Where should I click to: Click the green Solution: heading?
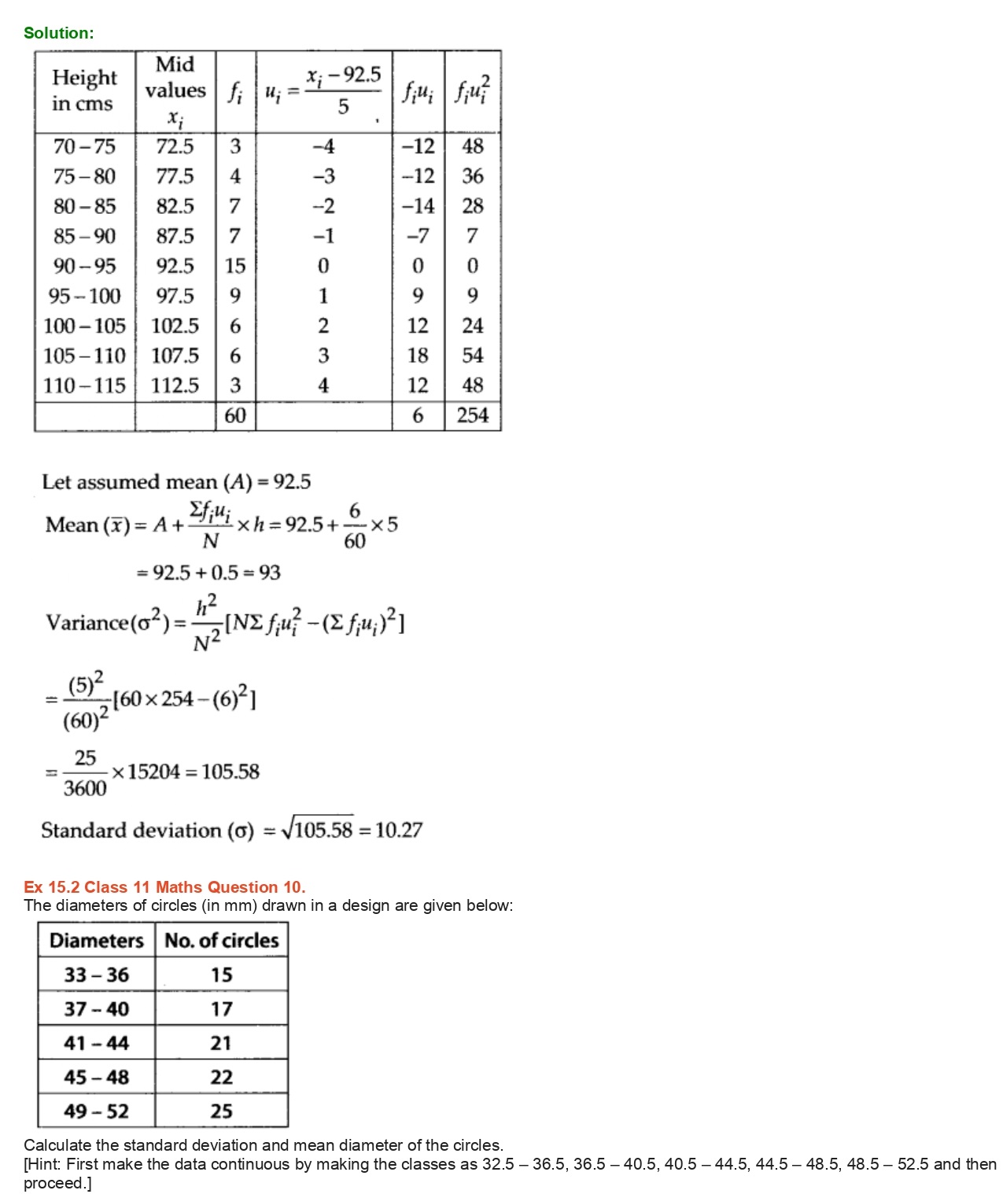[58, 33]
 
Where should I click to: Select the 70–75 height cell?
[84, 147]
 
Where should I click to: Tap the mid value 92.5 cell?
[175, 267]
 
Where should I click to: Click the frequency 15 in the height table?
[235, 267]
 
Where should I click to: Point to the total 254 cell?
[472, 415]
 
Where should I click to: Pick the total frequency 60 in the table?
[235, 415]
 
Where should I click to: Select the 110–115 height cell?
[84, 385]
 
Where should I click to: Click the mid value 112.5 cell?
[175, 385]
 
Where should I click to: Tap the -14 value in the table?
[418, 207]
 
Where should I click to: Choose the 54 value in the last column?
[472, 356]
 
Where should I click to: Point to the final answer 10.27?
[399, 831]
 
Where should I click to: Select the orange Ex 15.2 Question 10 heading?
[164, 887]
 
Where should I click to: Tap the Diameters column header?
[96, 941]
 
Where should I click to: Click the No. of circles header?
[222, 941]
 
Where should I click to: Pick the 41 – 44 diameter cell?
[96, 1044]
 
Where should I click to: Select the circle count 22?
[222, 1078]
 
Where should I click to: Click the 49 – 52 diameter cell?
[96, 1111]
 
